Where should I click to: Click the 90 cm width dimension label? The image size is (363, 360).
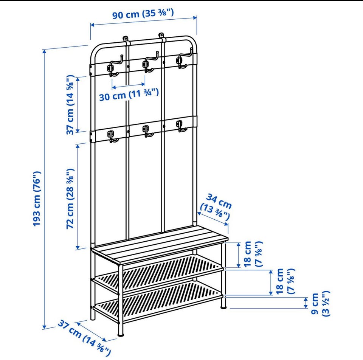[143, 14]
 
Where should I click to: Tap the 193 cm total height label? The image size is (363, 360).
[37, 199]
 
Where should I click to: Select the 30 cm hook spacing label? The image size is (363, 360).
[129, 95]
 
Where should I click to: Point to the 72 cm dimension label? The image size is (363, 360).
[70, 199]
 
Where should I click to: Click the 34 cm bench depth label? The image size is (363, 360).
[216, 207]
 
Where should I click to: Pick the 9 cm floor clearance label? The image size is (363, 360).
[320, 304]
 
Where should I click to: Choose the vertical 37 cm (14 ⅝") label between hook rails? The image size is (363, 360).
[70, 105]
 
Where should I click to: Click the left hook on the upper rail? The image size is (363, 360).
[114, 66]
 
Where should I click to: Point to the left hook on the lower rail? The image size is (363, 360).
[112, 137]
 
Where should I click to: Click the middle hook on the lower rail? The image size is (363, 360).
[147, 131]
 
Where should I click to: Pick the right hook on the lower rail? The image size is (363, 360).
[181, 126]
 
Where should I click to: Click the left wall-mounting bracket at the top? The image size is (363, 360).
[125, 39]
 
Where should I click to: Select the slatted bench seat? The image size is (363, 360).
[160, 245]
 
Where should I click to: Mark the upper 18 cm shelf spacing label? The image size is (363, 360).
[252, 254]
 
